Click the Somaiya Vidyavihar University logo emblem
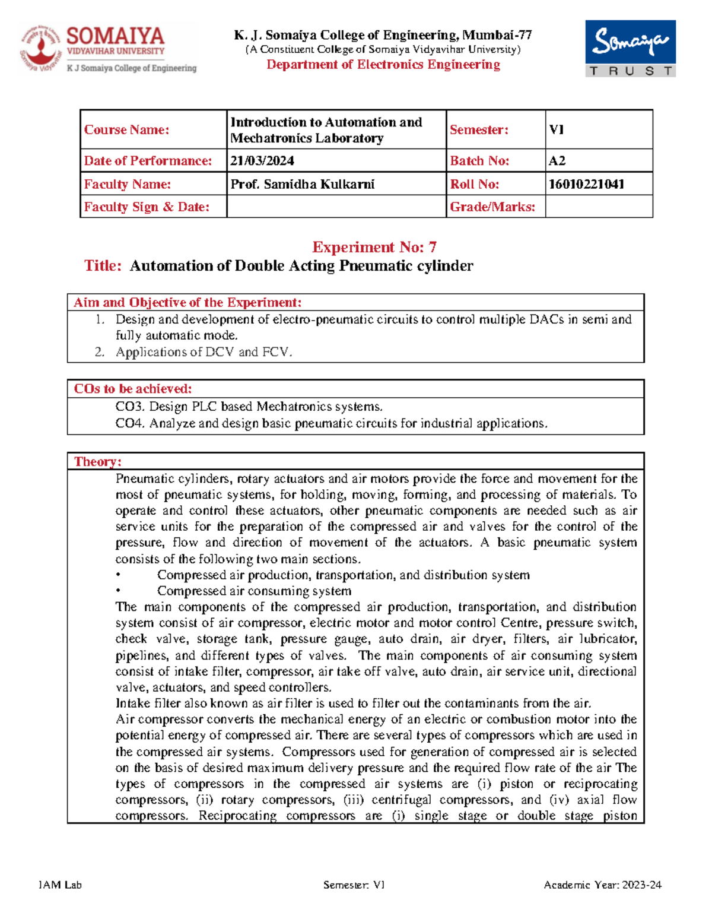tap(41, 48)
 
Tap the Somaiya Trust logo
tap(630, 48)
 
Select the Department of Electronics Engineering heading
tap(383, 65)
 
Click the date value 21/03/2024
tap(262, 161)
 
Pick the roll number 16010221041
tap(586, 184)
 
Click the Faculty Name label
tap(127, 184)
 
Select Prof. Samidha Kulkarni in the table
tap(302, 184)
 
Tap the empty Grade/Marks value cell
tap(599, 207)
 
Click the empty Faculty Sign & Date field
tap(336, 207)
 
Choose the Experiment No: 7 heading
tap(374, 247)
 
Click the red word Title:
tap(103, 265)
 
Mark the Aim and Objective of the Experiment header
tap(187, 302)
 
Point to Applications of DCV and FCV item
tap(204, 352)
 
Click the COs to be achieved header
tap(132, 389)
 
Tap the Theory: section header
tap(97, 461)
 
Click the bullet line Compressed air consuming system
tap(254, 591)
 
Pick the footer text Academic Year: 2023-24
tap(602, 885)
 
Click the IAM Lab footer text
tap(60, 885)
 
